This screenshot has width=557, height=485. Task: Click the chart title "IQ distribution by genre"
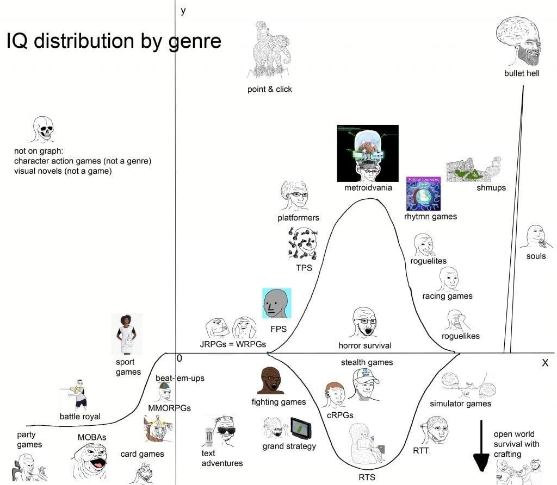114,41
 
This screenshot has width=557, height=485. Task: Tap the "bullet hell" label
522,73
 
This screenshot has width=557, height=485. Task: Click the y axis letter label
183,10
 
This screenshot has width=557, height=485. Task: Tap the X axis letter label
544,363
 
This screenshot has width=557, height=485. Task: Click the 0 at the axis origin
179,359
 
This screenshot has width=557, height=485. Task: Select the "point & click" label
269,89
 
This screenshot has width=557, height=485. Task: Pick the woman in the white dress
127,333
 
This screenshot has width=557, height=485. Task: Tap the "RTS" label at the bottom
367,477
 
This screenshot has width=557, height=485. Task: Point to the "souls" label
536,256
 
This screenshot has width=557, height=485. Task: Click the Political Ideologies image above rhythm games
424,193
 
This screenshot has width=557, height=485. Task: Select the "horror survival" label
364,345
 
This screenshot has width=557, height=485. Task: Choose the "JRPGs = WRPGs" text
232,344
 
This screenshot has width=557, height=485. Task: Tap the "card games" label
142,454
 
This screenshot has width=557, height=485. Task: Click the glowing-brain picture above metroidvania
368,154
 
